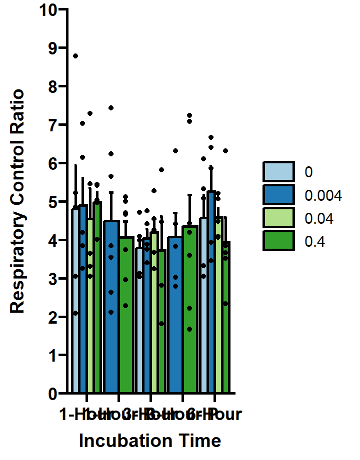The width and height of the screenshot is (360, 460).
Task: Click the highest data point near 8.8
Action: (x=75, y=56)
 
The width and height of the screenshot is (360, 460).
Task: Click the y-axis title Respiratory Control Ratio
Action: (x=17, y=201)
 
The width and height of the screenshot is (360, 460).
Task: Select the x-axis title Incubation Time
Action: (x=150, y=441)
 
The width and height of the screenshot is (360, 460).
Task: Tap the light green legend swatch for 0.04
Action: (x=278, y=218)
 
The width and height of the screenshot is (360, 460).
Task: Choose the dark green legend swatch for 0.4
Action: (x=278, y=242)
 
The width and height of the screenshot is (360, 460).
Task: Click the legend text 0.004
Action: (x=323, y=195)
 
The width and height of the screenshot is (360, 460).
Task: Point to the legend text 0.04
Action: (x=319, y=218)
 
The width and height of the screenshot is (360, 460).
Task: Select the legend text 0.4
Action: (x=315, y=242)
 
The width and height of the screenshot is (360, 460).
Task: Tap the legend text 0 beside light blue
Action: (x=308, y=172)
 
